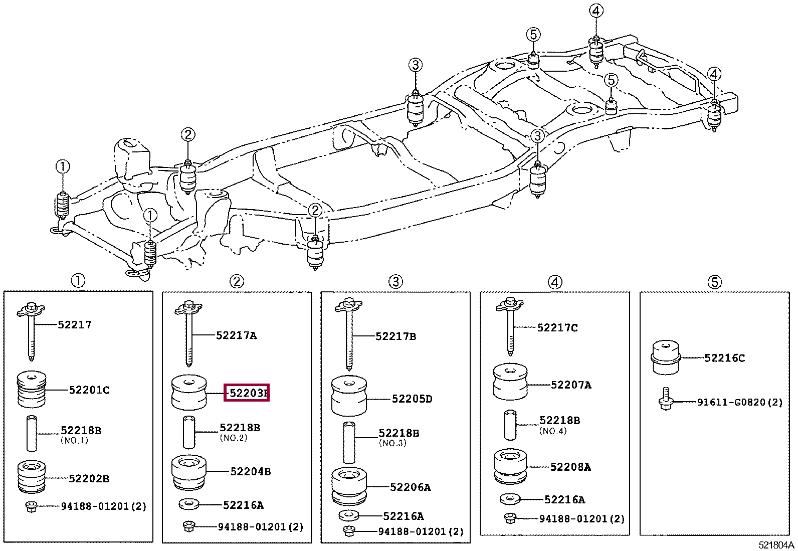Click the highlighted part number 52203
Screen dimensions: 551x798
point(247,393)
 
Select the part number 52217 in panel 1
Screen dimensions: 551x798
point(75,324)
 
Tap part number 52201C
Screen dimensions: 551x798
point(89,390)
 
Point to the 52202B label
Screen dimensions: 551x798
point(89,478)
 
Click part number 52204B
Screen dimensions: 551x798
point(251,471)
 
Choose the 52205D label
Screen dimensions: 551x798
point(412,399)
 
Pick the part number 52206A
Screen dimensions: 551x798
point(411,487)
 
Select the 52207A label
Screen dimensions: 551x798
point(571,385)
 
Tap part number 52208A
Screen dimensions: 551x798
point(570,467)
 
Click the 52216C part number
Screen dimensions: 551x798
point(724,358)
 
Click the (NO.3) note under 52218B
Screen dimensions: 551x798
point(393,443)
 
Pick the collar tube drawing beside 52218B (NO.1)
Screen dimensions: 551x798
point(32,434)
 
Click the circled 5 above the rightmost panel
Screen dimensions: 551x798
point(714,282)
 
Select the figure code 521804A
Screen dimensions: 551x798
point(776,545)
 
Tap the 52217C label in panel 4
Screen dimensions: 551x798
point(557,328)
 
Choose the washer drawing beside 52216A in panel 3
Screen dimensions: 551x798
point(349,515)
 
